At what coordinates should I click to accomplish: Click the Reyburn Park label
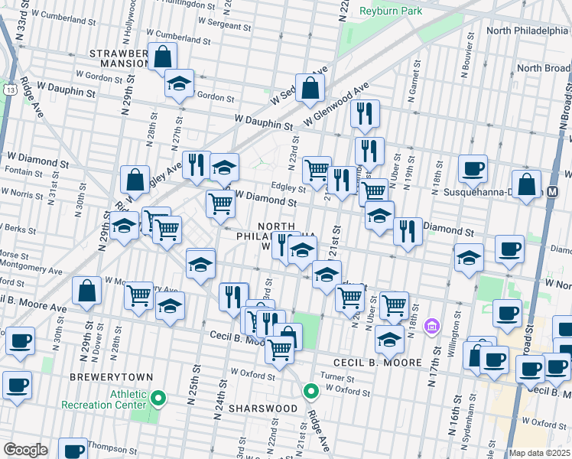[x=391, y=11]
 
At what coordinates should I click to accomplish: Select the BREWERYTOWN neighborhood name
[x=111, y=378]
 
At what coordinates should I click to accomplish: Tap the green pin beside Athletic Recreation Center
[x=159, y=398]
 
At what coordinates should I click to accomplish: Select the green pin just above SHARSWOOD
[x=310, y=392]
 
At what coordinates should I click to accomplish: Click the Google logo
[x=25, y=449]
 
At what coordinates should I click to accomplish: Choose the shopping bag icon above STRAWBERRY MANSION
[x=163, y=56]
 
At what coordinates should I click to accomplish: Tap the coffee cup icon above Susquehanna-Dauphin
[x=472, y=168]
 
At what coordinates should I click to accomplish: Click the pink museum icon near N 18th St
[x=431, y=327]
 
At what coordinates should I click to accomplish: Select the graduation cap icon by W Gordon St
[x=179, y=83]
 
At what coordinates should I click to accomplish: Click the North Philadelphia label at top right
[x=526, y=31]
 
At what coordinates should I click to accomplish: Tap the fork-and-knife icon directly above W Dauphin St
[x=365, y=113]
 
